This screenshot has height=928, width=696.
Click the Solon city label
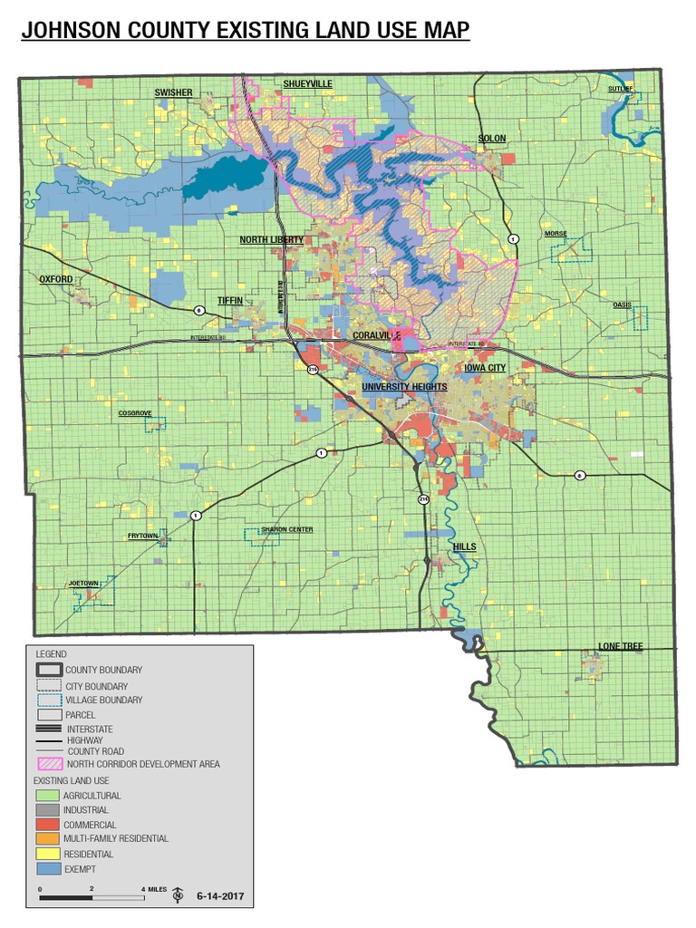point(492,139)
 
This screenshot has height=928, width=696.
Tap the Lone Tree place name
point(620,646)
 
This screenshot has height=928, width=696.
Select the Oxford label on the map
point(55,280)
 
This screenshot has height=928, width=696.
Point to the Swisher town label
point(172,92)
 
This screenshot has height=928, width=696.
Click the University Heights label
point(404,387)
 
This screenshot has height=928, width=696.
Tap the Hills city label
point(463,547)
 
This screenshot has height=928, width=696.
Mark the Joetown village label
point(82,583)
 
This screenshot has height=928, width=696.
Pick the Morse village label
point(556,234)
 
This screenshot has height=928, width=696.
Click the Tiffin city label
point(230,300)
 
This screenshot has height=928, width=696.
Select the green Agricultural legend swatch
point(46,796)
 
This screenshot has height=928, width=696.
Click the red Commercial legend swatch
point(46,825)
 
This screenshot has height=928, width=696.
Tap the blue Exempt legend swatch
point(46,869)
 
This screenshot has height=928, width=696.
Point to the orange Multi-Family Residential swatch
point(46,839)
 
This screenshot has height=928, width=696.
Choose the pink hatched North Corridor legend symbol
point(46,764)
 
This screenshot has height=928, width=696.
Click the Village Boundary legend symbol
point(46,701)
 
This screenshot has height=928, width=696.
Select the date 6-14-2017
point(220,897)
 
